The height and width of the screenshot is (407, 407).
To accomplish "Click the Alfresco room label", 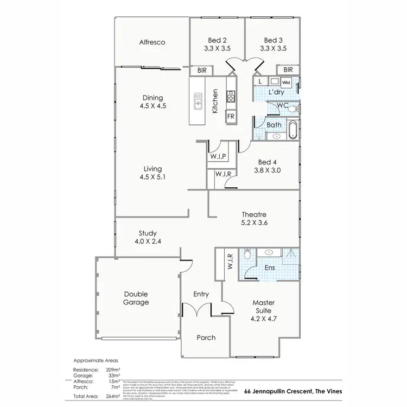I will [x=152, y=42].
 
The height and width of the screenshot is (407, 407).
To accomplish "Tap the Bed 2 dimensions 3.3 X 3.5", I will [x=217, y=48].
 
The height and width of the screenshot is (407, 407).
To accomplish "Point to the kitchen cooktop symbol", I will [x=230, y=97].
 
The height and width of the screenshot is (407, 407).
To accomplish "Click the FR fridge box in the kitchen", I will [x=230, y=117].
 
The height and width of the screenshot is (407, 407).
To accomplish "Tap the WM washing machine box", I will [x=286, y=82].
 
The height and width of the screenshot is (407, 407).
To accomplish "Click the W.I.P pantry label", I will [x=219, y=156].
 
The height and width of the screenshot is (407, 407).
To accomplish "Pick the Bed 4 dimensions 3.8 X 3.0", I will [x=270, y=170].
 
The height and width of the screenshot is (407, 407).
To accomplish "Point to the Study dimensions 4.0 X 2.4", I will [x=147, y=242].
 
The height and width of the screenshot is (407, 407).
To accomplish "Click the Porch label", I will [x=206, y=338].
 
